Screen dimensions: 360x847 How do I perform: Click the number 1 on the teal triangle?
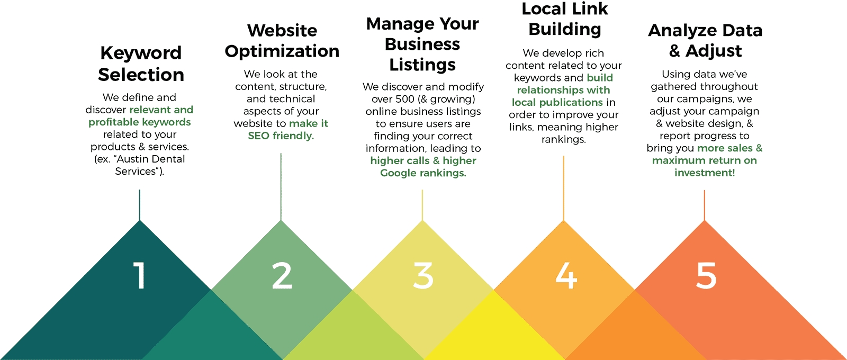140,276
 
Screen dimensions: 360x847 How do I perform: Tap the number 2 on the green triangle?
282,276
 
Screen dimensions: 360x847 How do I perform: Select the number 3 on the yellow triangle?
423,276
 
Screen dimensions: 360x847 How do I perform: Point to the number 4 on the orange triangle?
565,276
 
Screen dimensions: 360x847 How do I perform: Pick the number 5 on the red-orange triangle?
706,276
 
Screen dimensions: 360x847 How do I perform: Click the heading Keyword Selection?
141,64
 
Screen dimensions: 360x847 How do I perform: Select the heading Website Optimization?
282,41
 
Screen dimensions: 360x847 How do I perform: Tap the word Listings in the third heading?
422,65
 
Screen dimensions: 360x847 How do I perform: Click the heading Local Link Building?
564,19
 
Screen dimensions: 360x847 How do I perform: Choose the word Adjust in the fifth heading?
714,51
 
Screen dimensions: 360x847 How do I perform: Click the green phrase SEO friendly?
281,136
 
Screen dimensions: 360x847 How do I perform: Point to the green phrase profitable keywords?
140,122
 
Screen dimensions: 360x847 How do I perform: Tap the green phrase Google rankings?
423,173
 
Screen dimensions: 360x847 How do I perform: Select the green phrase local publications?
557,102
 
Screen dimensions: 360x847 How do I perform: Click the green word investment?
705,173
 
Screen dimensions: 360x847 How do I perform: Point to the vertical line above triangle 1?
140,205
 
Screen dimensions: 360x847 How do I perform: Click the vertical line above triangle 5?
705,205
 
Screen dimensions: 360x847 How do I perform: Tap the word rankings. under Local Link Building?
563,139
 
